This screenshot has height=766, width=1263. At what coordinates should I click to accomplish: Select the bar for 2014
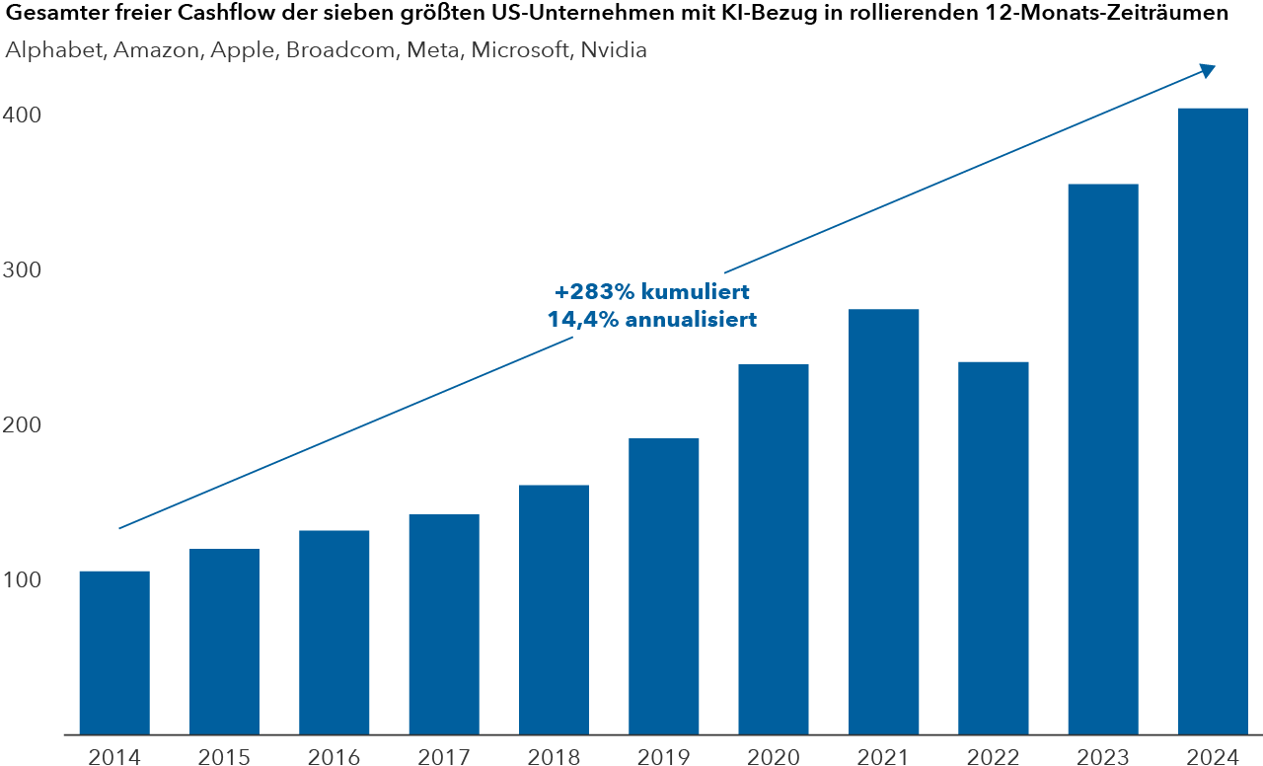coord(114,652)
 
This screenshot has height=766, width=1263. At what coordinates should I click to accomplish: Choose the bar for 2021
coord(883,522)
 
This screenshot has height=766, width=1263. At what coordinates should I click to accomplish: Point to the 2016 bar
coord(334,633)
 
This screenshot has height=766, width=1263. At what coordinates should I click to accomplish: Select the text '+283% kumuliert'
coord(652,293)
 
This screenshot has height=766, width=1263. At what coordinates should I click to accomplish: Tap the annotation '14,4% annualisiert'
coord(652,320)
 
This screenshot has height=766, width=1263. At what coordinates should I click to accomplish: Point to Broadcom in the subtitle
coord(330,50)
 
